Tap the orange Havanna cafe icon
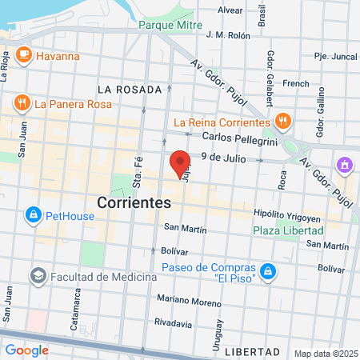click(x=23, y=55)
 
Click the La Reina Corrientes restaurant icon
click(x=282, y=122)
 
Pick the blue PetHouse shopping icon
click(x=33, y=214)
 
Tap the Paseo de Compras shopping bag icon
click(x=270, y=272)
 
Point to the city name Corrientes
click(x=134, y=203)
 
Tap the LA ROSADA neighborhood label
click(x=129, y=89)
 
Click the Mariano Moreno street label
click(x=189, y=301)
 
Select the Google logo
click(x=26, y=350)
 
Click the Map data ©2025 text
click(x=325, y=354)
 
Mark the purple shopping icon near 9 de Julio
click(x=344, y=165)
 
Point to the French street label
click(x=296, y=83)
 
